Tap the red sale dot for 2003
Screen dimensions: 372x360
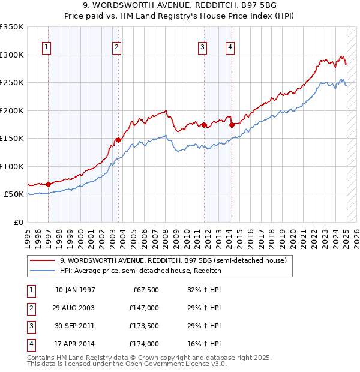click(x=118, y=140)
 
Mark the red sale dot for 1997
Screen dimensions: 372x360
click(x=48, y=184)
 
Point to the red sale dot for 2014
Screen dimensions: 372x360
click(x=232, y=125)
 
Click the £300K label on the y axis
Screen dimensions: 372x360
click(x=12, y=55)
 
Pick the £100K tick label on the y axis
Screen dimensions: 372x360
click(x=12, y=166)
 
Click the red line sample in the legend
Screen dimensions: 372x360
click(x=42, y=260)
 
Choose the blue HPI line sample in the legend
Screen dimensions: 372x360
click(x=42, y=271)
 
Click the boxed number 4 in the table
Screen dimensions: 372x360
click(x=31, y=344)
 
